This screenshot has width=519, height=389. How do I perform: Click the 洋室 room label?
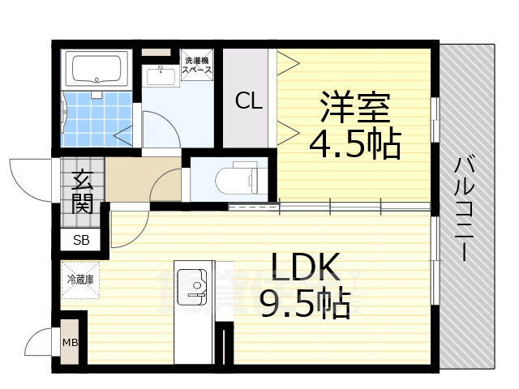[x=355, y=108]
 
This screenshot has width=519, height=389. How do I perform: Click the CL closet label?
[x=248, y=101]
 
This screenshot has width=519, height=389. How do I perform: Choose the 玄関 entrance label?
[x=81, y=190]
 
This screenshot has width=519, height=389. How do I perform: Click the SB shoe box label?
[x=82, y=240]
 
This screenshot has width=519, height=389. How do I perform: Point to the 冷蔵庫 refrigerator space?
[x=80, y=279]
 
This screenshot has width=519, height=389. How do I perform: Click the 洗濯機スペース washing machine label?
[x=197, y=66]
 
